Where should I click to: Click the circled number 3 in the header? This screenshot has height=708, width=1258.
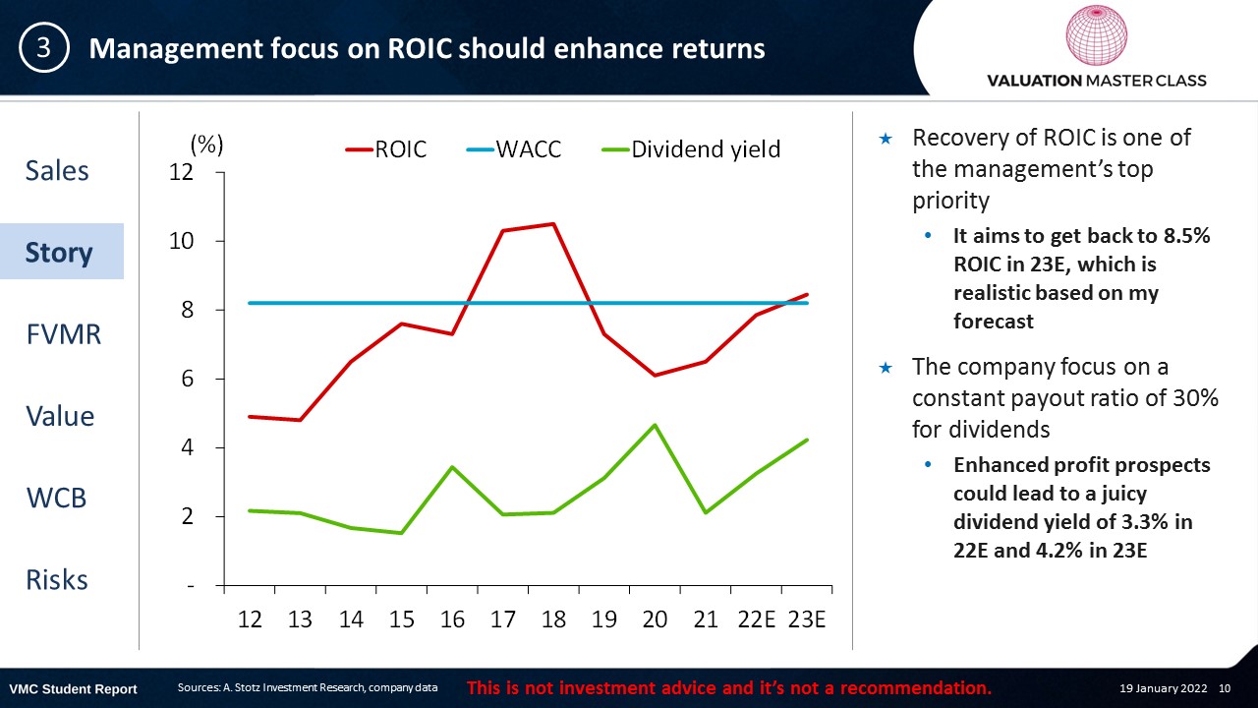(x=44, y=48)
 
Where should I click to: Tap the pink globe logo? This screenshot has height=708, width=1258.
(x=1096, y=34)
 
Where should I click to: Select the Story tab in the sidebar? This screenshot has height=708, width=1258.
(x=59, y=252)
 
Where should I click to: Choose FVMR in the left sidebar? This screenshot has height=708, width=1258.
(x=64, y=333)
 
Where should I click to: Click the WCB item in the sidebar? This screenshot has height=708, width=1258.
(x=56, y=498)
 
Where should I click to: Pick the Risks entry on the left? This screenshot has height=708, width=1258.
(x=57, y=579)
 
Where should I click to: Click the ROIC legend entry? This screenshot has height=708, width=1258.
(x=386, y=149)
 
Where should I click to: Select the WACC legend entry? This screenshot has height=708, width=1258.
(x=513, y=149)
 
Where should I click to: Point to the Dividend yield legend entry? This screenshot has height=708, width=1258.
(x=691, y=149)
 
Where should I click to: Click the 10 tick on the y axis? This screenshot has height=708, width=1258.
(x=181, y=241)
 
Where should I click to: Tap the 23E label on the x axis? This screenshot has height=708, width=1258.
(x=807, y=619)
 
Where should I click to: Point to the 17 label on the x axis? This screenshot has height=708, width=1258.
(x=502, y=619)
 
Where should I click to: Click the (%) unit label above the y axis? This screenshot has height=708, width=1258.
(x=206, y=145)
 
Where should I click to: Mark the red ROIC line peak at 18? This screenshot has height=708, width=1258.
(x=553, y=224)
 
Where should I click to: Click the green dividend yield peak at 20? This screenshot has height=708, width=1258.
(x=655, y=425)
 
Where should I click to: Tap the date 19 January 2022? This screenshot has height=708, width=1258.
(x=1163, y=688)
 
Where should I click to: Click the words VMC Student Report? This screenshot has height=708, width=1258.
(x=73, y=689)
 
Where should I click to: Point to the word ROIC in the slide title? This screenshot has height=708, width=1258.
(x=420, y=48)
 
